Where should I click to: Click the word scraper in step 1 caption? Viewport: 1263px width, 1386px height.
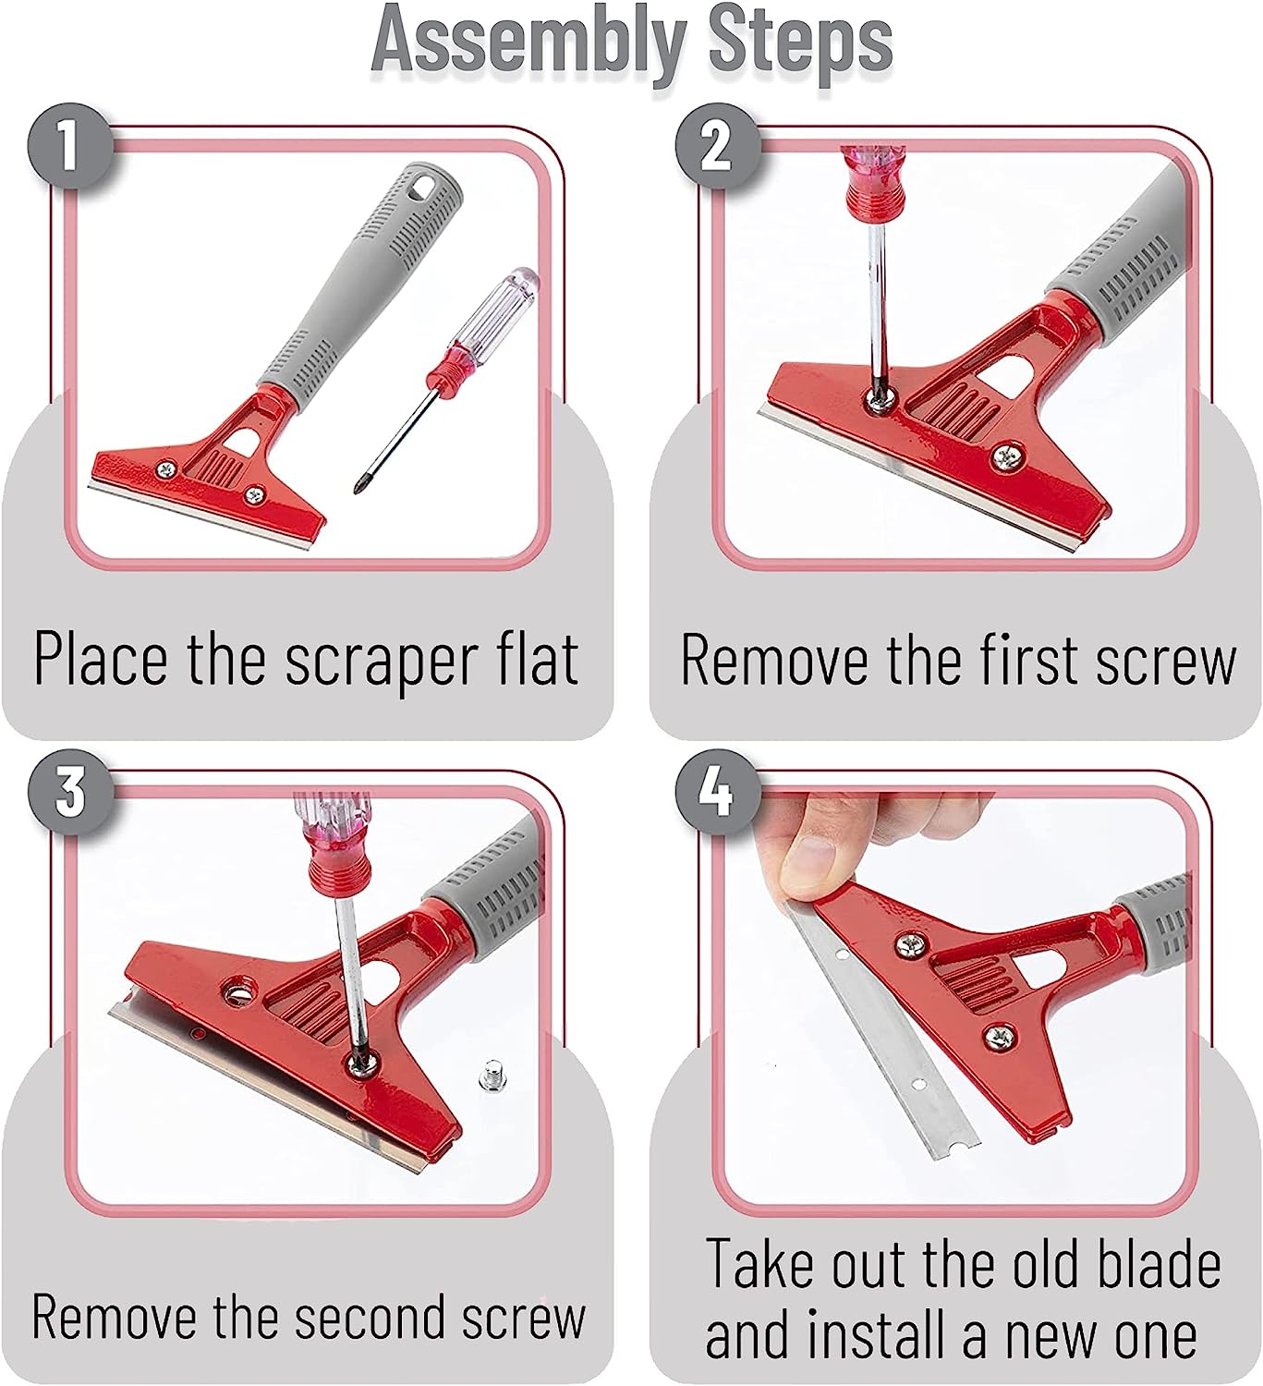pos(376,660)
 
